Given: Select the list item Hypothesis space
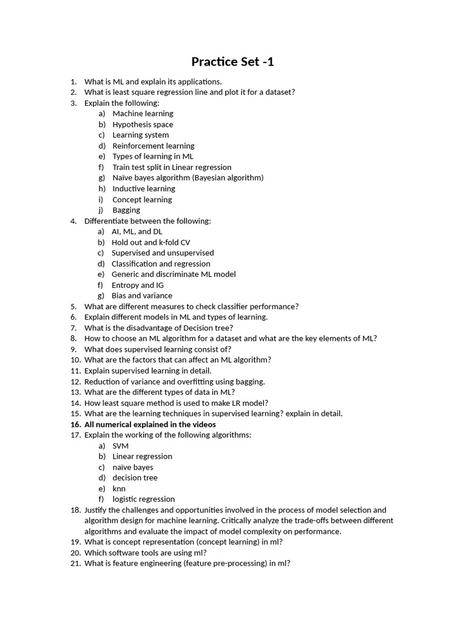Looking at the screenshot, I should [143, 125].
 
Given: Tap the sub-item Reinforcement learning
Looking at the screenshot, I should [154, 146].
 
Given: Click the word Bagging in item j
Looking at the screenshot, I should [126, 210].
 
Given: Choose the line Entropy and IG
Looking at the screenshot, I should [138, 285].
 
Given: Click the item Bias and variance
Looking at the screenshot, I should [142, 296].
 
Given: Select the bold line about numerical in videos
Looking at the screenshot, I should [150, 425].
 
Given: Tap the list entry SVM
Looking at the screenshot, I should [121, 446].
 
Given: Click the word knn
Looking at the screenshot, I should [119, 488].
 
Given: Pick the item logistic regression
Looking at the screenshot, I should [144, 499].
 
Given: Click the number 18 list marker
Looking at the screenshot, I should [75, 510].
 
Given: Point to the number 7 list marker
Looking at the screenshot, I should [73, 328].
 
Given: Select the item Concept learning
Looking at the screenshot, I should [142, 199].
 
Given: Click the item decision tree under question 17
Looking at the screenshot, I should [135, 478].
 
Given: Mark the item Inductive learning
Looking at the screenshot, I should [144, 189].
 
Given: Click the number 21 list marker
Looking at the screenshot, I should [75, 563].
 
